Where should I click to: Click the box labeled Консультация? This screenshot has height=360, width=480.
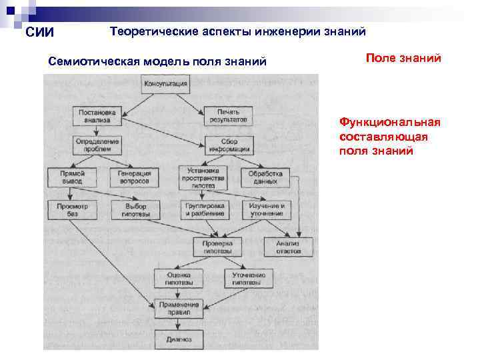[166, 85]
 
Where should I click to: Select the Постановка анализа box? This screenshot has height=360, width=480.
[97, 116]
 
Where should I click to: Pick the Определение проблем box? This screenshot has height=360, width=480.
[97, 145]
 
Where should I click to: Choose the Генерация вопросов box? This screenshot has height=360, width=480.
[135, 177]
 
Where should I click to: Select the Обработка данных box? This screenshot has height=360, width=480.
[265, 177]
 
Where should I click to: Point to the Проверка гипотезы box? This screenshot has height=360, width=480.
[217, 247]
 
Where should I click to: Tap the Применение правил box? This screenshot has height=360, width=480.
[175, 308]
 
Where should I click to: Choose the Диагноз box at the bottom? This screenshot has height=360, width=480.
[175, 339]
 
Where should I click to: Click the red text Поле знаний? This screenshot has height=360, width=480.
[403, 59]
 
